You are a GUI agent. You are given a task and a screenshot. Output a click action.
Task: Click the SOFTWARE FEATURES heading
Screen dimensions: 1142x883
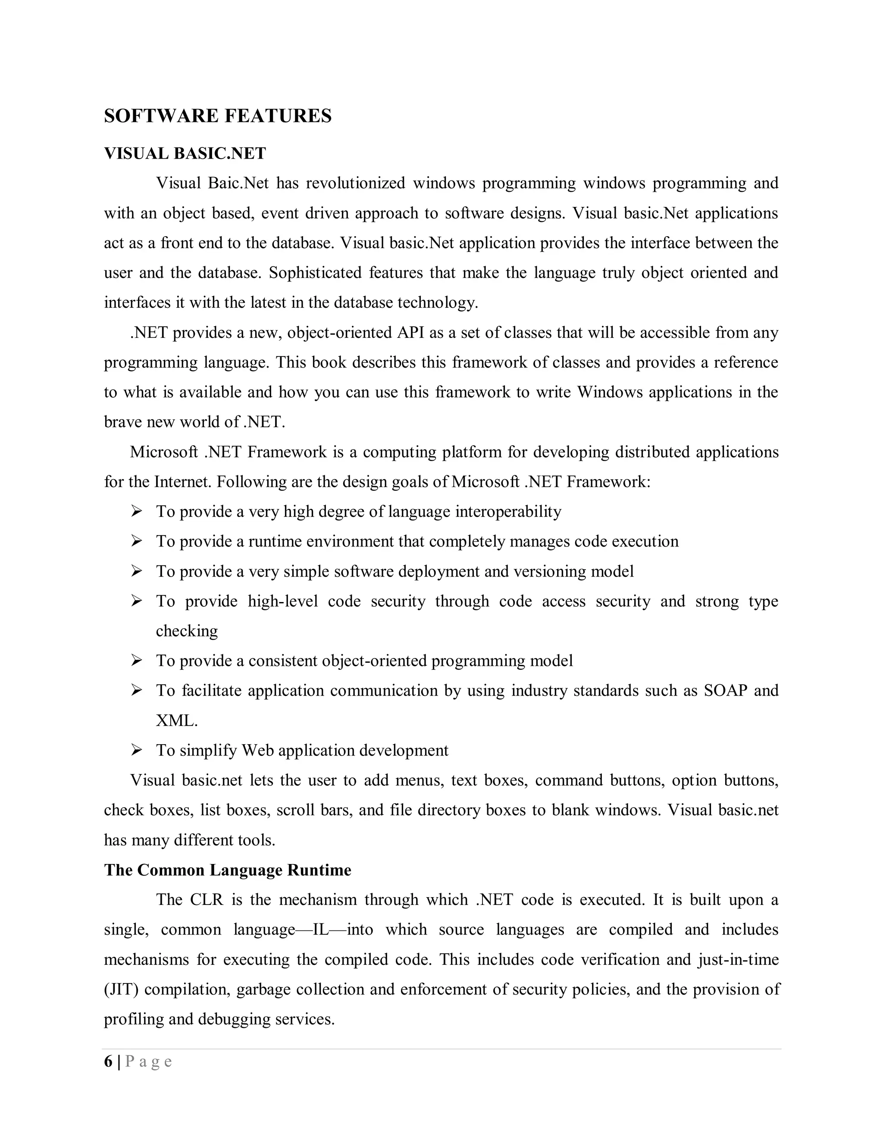tap(218, 116)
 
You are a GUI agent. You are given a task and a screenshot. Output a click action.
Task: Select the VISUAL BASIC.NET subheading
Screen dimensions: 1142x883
tap(185, 154)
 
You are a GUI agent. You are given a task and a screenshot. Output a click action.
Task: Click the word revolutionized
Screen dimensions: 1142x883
tap(355, 184)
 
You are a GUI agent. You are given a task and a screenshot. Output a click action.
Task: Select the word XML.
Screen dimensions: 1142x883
tap(176, 721)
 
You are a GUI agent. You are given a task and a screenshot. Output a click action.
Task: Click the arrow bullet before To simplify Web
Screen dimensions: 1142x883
tap(137, 750)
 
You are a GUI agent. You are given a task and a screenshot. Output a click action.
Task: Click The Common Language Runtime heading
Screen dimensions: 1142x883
tap(228, 870)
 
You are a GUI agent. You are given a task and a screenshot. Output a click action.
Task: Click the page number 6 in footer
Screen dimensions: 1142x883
tap(108, 1062)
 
